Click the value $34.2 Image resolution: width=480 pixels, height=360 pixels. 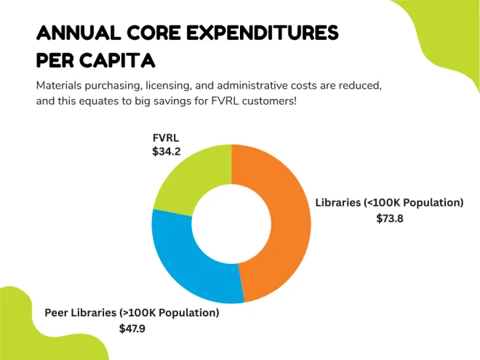166,151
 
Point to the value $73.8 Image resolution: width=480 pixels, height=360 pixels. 389,218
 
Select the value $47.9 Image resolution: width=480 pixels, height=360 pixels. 132,328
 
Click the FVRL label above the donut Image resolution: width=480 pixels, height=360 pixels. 165,137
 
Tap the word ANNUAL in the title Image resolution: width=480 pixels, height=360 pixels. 78,33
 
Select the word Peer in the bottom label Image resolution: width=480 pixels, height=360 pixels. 57,313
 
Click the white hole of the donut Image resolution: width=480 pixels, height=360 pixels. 231,223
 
